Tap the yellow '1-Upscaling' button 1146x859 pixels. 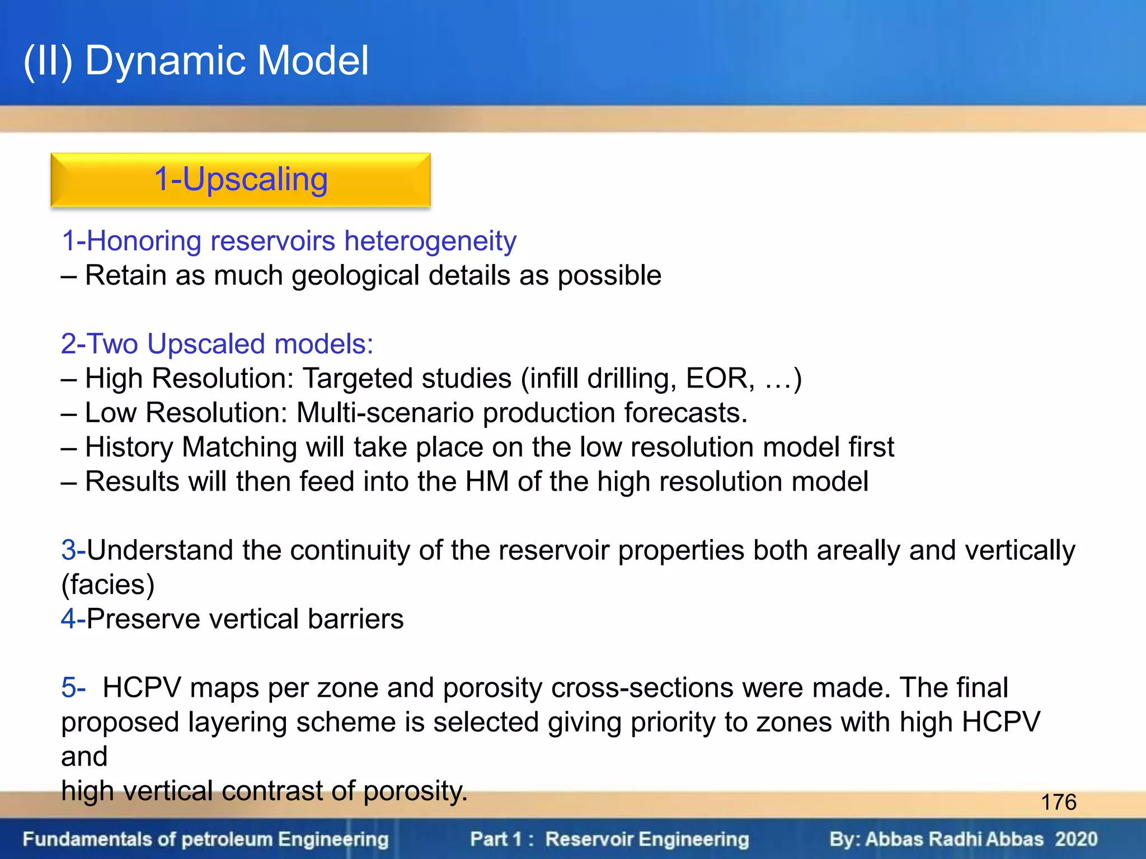click(241, 180)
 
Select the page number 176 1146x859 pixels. click(1058, 802)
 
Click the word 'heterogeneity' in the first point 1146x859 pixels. click(430, 242)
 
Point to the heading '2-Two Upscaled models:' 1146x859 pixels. click(217, 344)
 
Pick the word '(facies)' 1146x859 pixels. click(107, 585)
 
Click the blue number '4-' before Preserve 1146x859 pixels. click(73, 619)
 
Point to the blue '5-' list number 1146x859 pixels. click(73, 688)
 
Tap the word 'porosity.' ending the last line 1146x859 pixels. click(415, 791)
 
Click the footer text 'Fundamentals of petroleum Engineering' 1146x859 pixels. click(205, 839)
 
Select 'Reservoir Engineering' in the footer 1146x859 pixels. click(647, 839)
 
